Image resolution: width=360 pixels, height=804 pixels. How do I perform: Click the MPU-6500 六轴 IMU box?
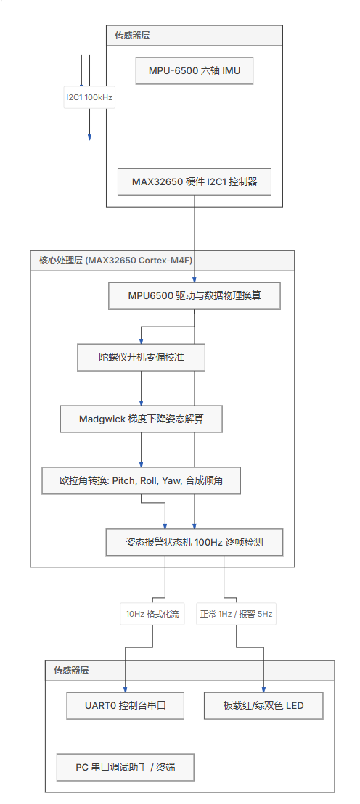coord(195,71)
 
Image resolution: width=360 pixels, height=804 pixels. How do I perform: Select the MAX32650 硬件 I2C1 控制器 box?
coord(195,181)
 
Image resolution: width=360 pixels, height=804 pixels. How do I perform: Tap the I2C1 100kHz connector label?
coord(89,97)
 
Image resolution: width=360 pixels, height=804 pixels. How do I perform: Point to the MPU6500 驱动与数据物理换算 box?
coord(195,296)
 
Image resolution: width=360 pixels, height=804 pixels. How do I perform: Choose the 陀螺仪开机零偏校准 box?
coord(141,358)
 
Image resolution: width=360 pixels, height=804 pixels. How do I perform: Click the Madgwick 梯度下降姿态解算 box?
coord(141,419)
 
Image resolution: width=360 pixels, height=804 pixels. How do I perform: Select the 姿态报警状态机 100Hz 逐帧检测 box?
coord(195,542)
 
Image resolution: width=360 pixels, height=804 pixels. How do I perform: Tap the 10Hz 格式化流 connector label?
coord(153,613)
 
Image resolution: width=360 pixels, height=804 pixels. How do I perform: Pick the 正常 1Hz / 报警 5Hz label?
coord(236,613)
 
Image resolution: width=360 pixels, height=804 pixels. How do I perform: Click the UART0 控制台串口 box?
coord(125,705)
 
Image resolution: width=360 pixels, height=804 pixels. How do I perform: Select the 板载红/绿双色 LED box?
coord(263,705)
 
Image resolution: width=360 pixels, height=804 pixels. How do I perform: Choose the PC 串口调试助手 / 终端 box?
coord(126,767)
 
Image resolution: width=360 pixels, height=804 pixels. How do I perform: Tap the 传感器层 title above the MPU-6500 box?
coord(132,36)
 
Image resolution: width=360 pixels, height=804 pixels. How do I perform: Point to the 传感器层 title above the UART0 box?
coord(71,670)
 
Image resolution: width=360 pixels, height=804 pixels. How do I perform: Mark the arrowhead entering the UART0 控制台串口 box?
coord(125,689)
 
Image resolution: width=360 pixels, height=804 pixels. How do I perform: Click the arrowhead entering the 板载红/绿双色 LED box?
coord(263,689)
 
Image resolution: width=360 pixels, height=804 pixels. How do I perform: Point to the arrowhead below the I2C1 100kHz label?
coord(89,137)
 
